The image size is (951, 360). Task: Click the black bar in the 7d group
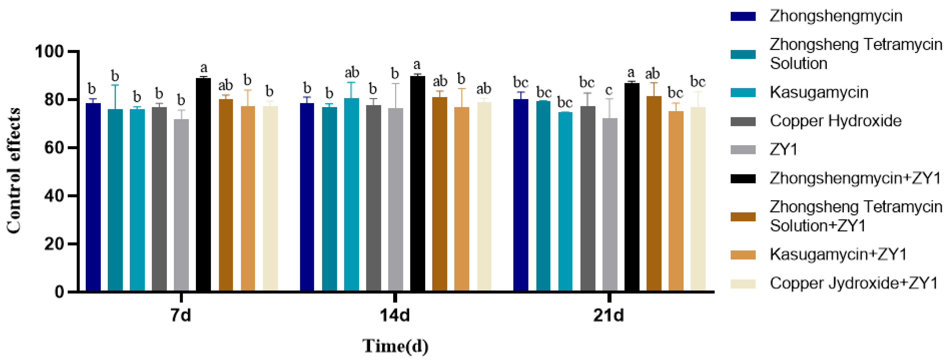203,185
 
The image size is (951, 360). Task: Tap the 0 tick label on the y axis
59,292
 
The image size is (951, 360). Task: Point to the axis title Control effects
14,170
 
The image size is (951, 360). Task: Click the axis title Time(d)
395,346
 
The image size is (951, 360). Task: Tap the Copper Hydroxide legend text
835,121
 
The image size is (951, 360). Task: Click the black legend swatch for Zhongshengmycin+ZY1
743,179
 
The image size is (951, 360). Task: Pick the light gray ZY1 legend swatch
743,150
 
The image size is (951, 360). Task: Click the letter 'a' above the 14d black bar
417,65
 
